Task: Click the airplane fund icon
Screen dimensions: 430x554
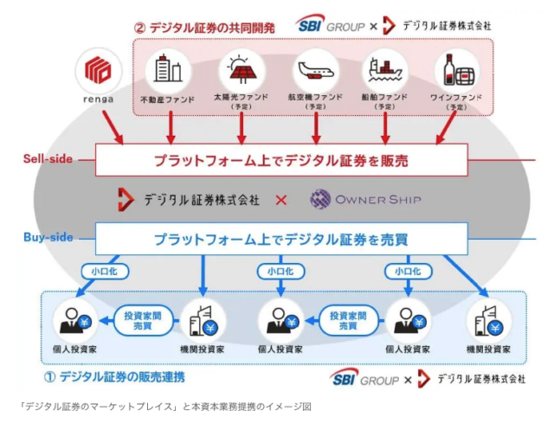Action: (312, 69)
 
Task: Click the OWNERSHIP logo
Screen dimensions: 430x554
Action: (365, 200)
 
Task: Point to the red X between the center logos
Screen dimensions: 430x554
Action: (281, 200)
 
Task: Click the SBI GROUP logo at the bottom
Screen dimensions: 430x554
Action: (364, 378)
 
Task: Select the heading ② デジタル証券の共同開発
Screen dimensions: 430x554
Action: (204, 27)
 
